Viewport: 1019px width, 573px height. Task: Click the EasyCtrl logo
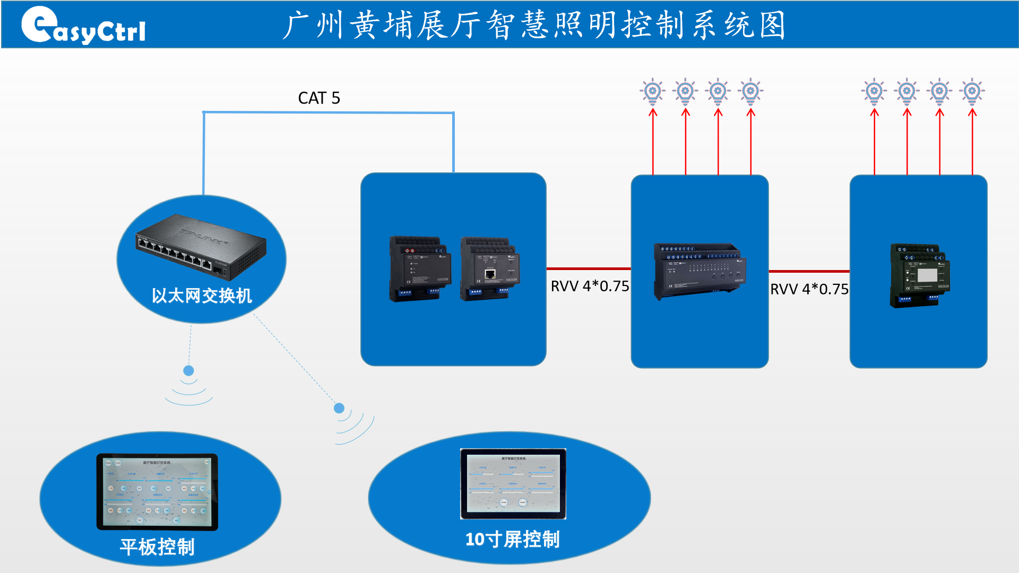83,25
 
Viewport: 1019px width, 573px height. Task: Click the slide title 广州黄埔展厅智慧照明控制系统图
534,25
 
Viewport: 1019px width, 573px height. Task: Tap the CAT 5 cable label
319,98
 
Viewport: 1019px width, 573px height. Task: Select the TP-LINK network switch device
201,247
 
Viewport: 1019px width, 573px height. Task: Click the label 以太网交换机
202,296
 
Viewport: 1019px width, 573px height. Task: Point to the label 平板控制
157,547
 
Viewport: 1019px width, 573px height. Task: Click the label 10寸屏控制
512,539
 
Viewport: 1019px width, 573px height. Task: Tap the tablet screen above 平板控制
157,491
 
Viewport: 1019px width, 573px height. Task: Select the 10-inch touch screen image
513,483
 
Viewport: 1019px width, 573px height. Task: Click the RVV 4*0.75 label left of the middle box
590,286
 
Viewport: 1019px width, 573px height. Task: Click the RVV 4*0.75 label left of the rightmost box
809,289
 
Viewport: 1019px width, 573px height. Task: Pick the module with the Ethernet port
490,269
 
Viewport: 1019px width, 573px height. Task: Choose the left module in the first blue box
420,269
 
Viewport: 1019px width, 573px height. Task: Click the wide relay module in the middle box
700,271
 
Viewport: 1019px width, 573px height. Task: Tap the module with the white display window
919,275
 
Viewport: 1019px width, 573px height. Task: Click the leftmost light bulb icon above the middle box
653,91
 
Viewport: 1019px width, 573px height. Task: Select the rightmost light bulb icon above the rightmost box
972,91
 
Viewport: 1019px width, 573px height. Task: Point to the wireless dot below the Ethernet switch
188,370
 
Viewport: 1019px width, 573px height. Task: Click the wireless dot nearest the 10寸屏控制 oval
339,408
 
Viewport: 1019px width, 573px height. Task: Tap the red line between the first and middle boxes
588,269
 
